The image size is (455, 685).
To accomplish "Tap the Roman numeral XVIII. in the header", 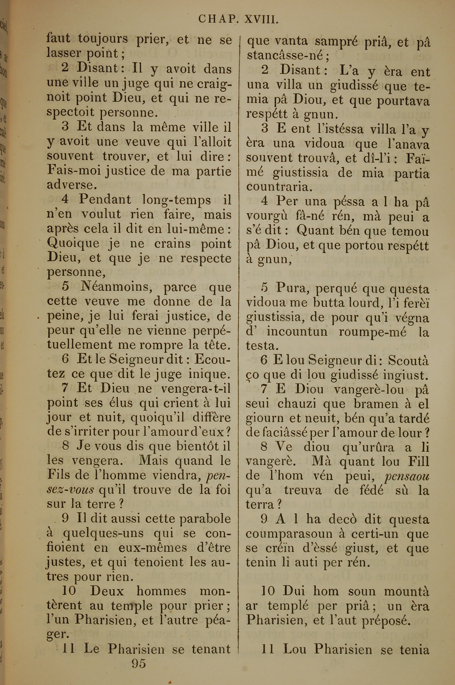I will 262,19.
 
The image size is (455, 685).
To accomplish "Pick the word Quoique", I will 73,244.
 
